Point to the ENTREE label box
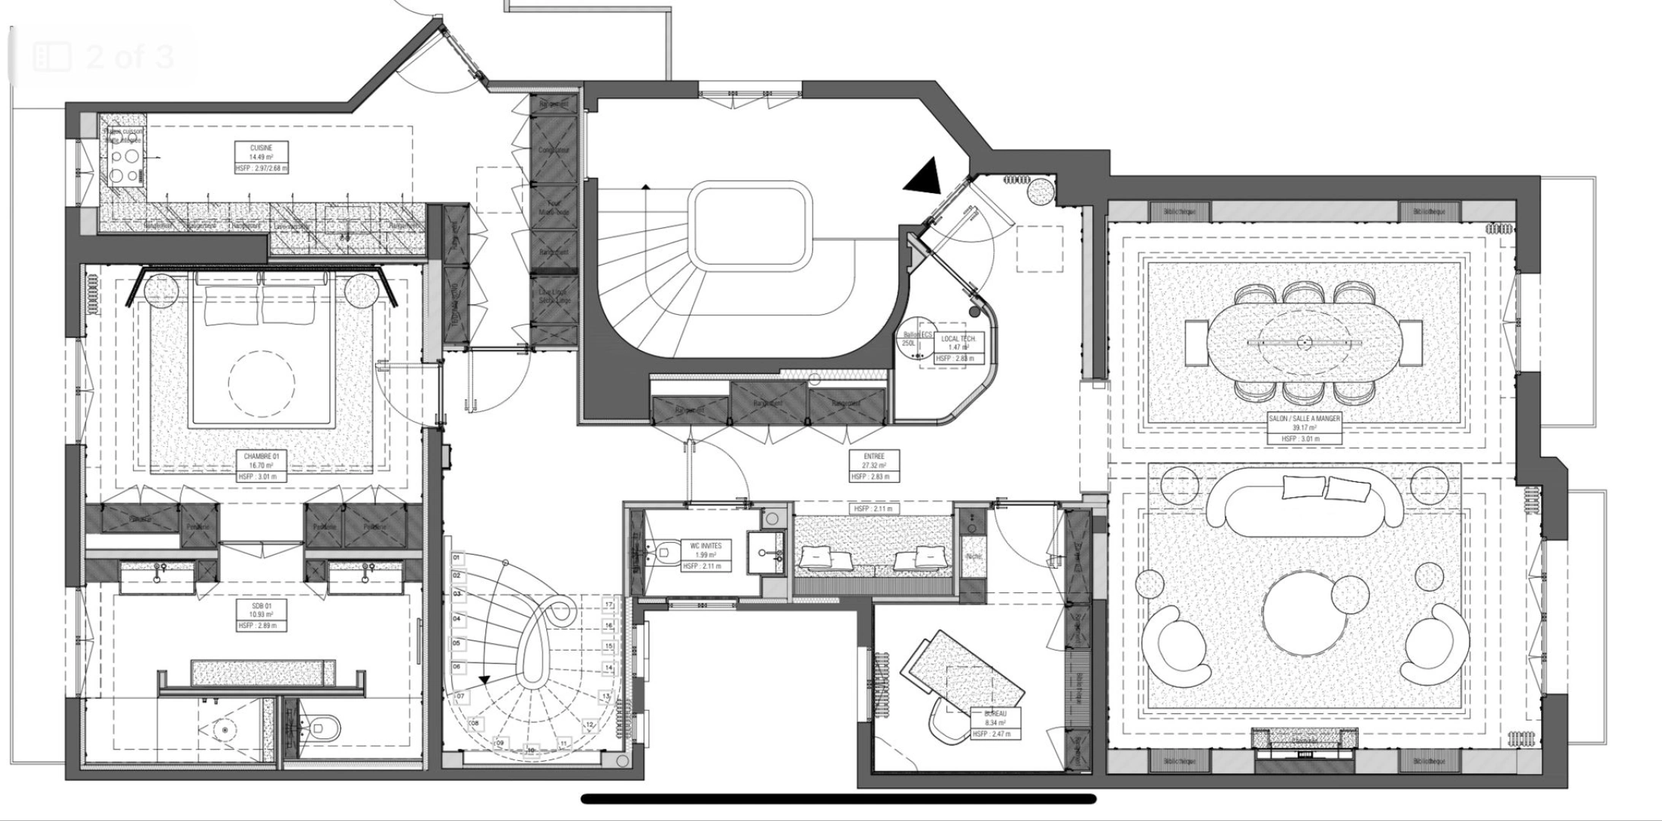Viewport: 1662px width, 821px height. tap(874, 466)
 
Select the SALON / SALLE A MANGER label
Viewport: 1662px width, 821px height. tap(1304, 428)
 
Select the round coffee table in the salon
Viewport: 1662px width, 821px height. tap(1304, 613)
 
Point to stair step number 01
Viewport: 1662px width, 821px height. tap(457, 558)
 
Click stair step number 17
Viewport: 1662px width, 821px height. tap(609, 605)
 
